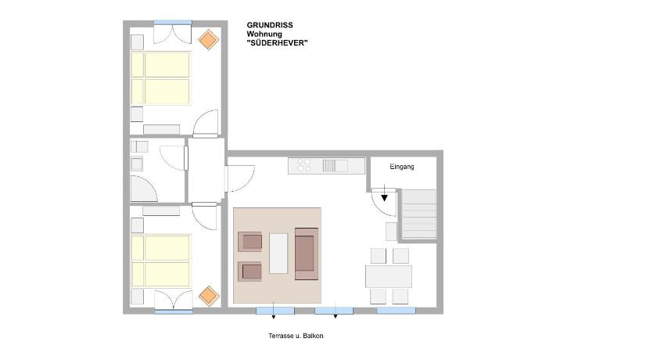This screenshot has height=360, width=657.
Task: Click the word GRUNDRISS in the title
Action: click(x=269, y=25)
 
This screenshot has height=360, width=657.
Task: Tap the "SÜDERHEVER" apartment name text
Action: click(x=277, y=43)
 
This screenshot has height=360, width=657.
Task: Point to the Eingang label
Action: click(x=402, y=167)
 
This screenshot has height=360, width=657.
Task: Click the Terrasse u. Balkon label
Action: click(x=296, y=336)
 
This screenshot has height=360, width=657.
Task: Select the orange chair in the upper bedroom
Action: click(x=208, y=40)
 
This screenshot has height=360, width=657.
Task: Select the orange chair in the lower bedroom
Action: click(x=209, y=296)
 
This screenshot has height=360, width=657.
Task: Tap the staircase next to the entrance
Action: click(x=418, y=214)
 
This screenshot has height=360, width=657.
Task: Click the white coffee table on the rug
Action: click(x=278, y=254)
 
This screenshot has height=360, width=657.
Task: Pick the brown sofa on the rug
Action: click(x=307, y=254)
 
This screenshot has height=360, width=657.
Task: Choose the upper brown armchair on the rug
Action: click(x=250, y=242)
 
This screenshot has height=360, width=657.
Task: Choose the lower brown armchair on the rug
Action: click(x=250, y=272)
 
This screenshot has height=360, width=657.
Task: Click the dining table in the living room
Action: click(x=389, y=276)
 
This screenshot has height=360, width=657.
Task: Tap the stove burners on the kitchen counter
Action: click(x=303, y=165)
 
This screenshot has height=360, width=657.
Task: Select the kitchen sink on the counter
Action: click(x=336, y=166)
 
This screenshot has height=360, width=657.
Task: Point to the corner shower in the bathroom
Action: click(x=143, y=189)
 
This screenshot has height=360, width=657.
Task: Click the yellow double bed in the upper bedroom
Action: click(x=161, y=78)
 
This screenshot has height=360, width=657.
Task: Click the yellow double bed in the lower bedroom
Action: click(x=161, y=261)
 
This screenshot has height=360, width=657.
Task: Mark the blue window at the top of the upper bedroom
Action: click(x=173, y=22)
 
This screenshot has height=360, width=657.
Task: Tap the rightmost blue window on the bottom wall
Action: click(x=396, y=311)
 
